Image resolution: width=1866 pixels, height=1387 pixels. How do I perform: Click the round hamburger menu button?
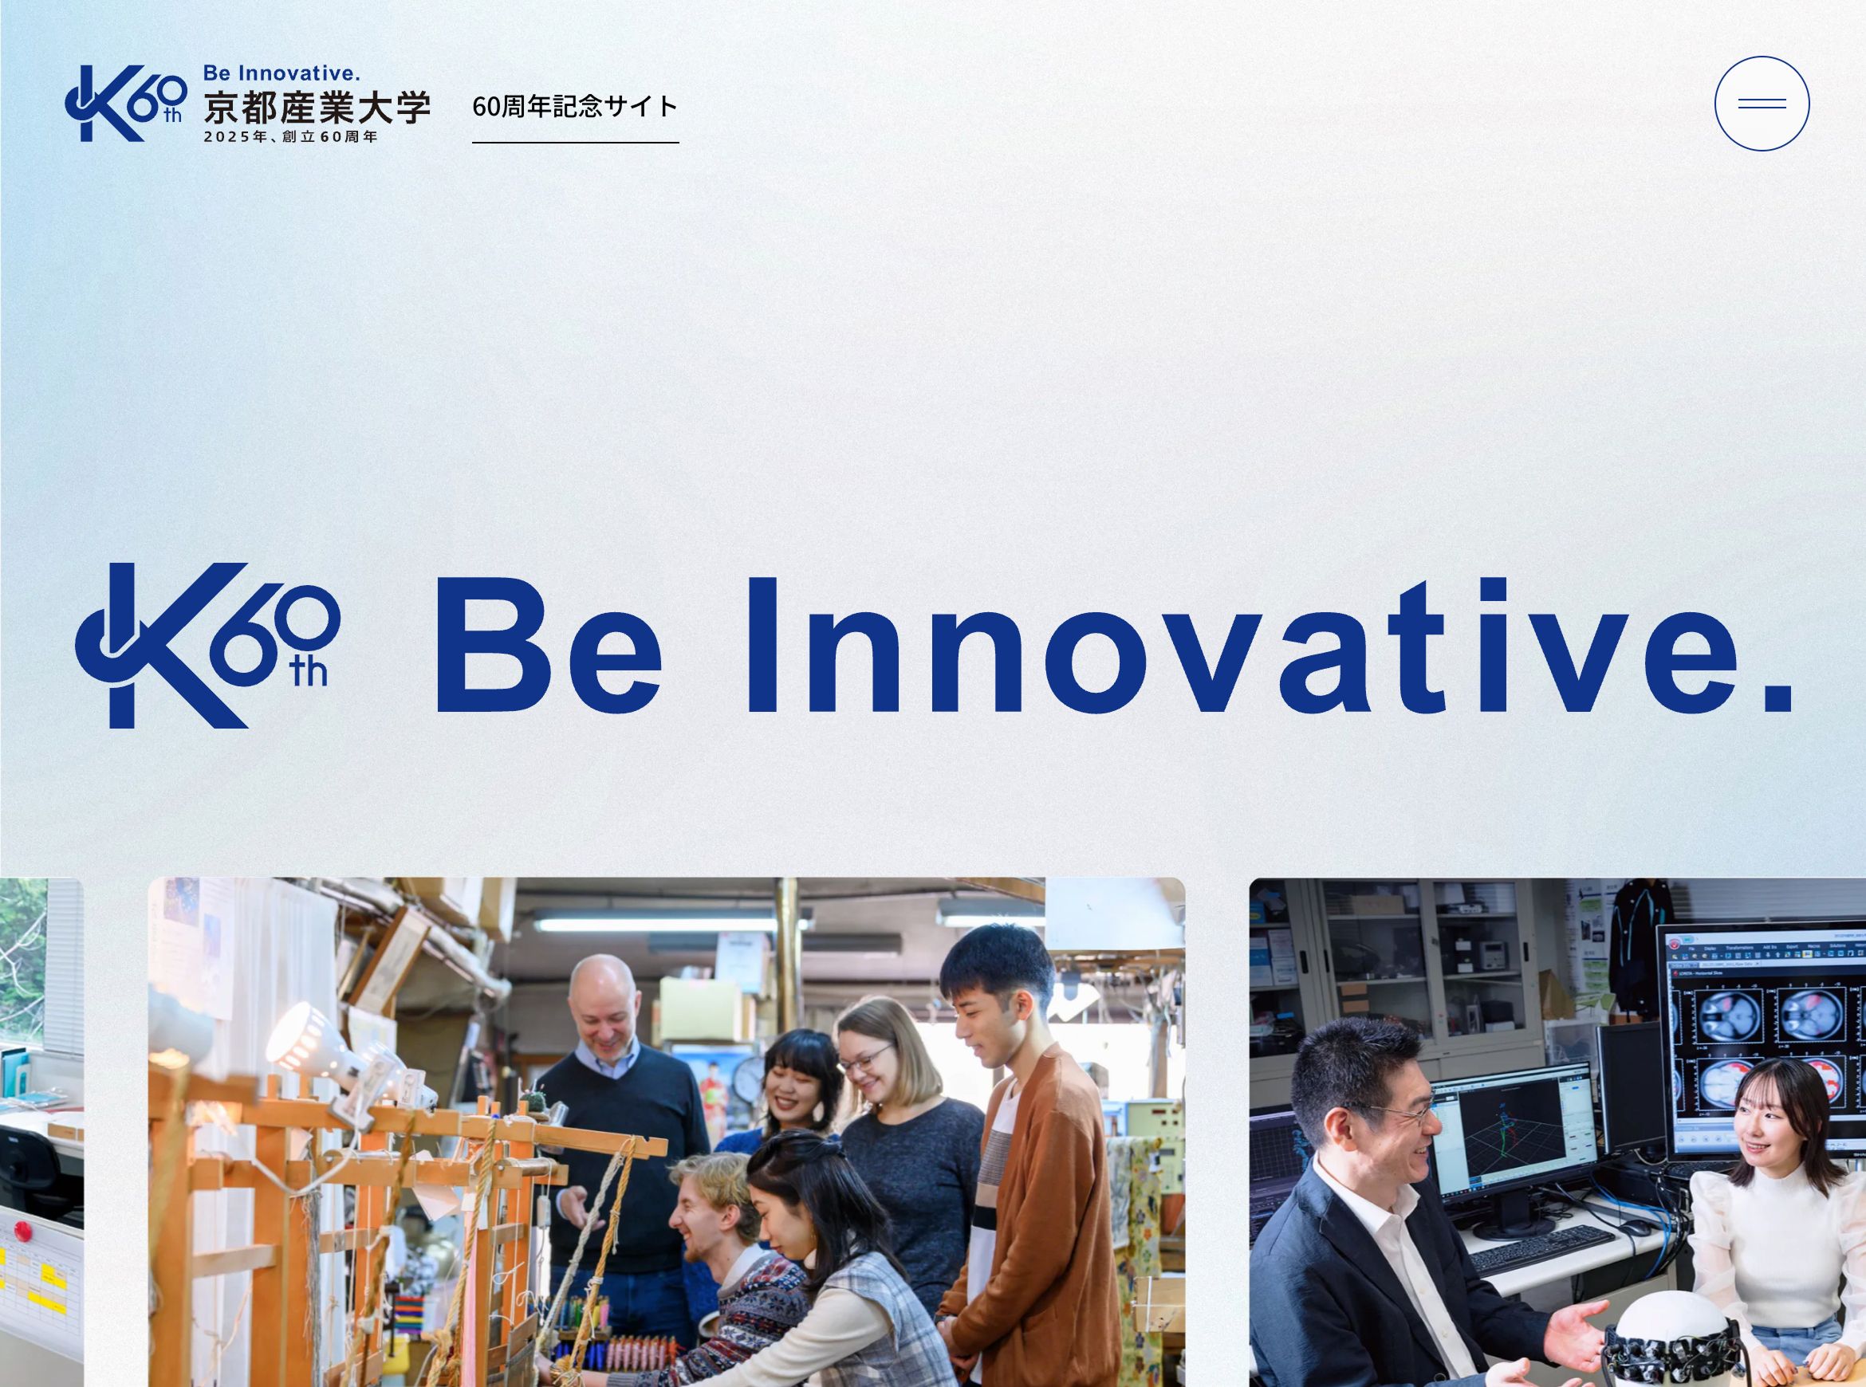1762,104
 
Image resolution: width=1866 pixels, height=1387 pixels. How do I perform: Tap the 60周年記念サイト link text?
575,107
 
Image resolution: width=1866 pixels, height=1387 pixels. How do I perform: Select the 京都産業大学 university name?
317,107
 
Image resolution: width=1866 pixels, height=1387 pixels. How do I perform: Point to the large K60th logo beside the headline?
207,645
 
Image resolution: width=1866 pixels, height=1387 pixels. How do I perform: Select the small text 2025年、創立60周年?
290,137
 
